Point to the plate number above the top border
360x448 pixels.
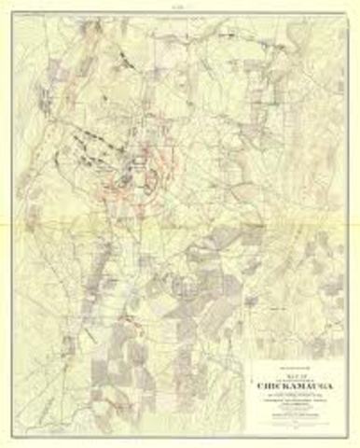tap(180, 8)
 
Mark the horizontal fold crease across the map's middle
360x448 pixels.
tap(180, 223)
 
